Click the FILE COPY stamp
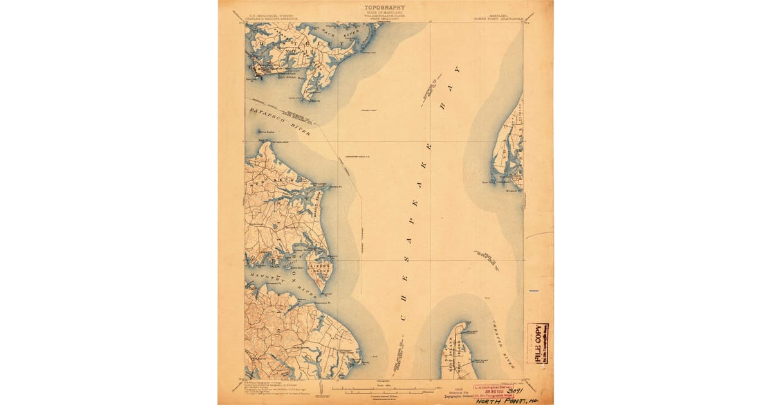[x=537, y=343]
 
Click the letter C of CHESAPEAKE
[x=403, y=317]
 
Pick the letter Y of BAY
[x=456, y=67]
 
